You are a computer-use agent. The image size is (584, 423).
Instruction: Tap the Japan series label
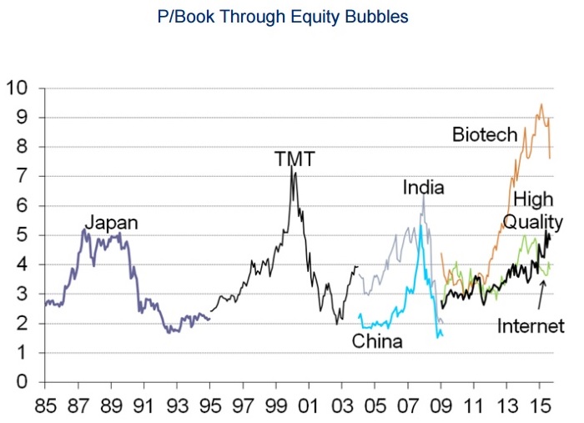click(112, 223)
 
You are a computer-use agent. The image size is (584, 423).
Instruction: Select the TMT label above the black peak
click(295, 158)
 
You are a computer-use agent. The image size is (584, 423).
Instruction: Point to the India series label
click(423, 188)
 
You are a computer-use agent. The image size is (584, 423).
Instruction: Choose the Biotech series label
click(485, 133)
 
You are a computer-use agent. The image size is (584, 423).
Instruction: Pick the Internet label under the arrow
click(531, 326)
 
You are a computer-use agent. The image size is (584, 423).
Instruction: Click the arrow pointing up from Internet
click(542, 294)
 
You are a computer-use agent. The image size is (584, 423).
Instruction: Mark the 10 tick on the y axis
click(18, 88)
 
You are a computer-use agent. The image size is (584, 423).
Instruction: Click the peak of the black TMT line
click(291, 166)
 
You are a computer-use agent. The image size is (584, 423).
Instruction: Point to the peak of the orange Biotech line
click(541, 103)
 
